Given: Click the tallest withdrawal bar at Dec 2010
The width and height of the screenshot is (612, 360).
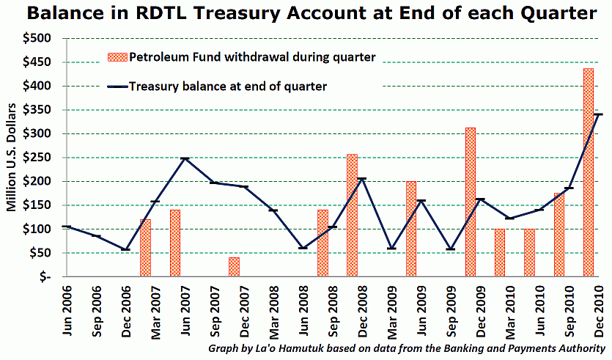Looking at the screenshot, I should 588,172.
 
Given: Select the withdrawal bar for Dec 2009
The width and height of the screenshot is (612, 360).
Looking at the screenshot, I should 470,202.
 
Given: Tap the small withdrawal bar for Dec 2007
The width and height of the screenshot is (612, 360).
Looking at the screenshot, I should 234,267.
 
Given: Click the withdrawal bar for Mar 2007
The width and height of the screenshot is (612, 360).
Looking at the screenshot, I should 145,248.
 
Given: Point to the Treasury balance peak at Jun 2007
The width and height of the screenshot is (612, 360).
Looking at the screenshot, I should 185,158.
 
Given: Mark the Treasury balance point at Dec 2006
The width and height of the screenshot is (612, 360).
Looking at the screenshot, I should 125,249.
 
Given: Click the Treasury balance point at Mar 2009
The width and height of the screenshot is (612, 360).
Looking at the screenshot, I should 391,248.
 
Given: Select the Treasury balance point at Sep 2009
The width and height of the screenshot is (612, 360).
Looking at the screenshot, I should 451,249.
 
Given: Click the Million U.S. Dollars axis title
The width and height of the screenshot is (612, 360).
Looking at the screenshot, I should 12,158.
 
